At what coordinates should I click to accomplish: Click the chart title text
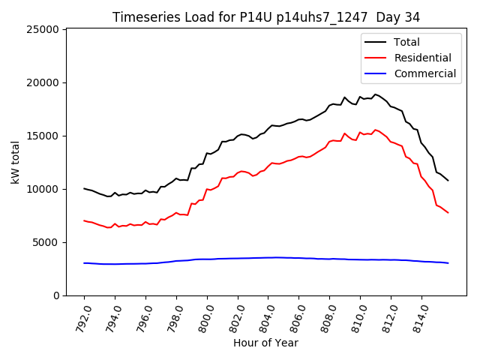[266, 17]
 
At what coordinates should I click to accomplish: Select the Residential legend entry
[423, 58]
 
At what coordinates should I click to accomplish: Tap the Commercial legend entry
[425, 73]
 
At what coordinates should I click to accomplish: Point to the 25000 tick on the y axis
[43, 29]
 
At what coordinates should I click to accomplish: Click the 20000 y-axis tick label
[43, 82]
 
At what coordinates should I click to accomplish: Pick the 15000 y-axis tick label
[43, 136]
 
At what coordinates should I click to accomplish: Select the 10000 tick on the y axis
[43, 189]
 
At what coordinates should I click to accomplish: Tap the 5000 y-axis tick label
[46, 242]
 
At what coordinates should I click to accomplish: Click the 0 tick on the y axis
[57, 295]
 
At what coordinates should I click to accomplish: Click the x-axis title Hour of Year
[266, 343]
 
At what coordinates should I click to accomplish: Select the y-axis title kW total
[15, 162]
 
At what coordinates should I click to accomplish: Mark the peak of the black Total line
[376, 94]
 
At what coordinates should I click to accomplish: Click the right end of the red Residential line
[448, 212]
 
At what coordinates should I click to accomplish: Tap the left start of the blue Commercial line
[84, 263]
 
